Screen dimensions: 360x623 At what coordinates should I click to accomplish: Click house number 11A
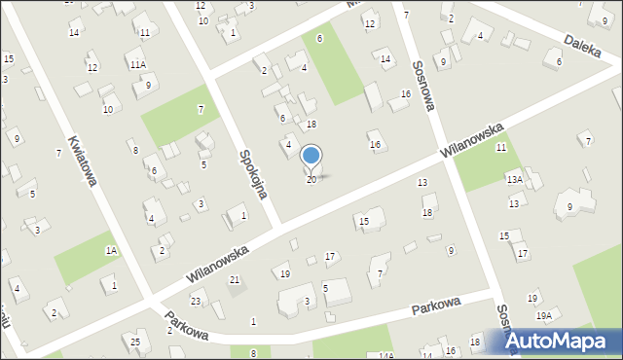point(138,64)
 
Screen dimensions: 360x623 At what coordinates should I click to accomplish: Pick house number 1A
point(111,251)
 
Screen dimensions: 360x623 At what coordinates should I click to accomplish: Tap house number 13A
point(514,180)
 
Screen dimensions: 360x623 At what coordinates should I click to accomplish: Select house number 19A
point(543,315)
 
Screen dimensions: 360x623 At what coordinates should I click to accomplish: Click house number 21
point(235,280)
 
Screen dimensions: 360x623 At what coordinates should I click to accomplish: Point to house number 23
point(196,301)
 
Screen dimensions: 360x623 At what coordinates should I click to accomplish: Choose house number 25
point(136,342)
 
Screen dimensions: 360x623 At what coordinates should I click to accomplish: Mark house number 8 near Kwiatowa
point(135,150)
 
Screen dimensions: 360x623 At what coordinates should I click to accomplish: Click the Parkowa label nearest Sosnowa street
point(435,306)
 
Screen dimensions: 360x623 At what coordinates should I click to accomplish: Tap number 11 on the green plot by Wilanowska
point(500,148)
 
